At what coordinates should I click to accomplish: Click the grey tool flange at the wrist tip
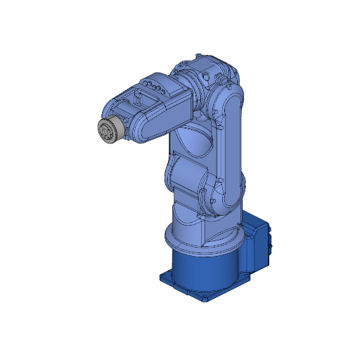pos(109,132)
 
